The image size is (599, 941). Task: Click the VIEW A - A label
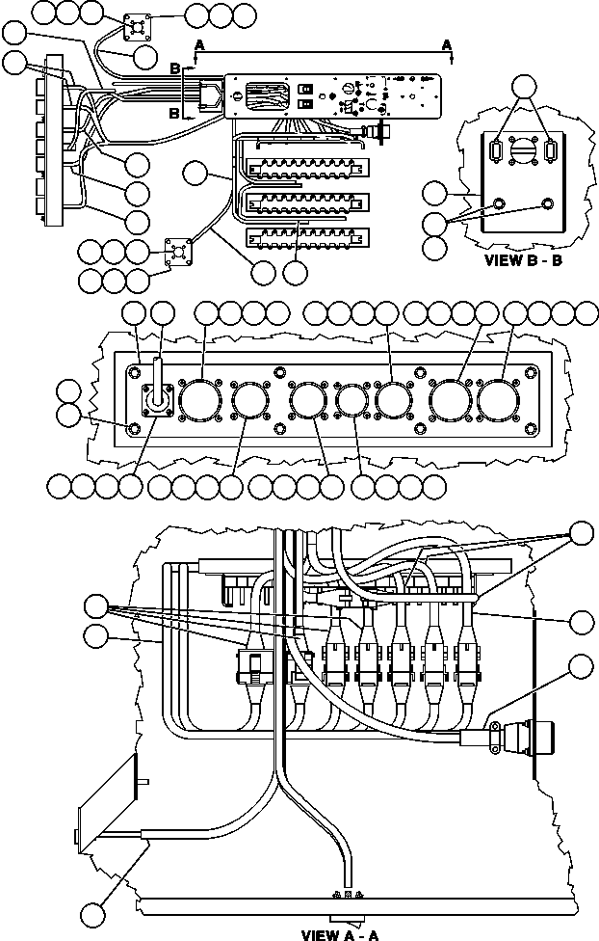(340, 934)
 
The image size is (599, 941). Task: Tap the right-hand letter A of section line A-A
(447, 44)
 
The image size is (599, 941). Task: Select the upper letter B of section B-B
(174, 68)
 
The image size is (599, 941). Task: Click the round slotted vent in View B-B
(523, 153)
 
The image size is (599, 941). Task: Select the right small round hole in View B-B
(548, 203)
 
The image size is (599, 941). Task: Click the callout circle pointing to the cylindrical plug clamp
(582, 666)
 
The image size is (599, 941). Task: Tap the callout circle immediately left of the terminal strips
(197, 174)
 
